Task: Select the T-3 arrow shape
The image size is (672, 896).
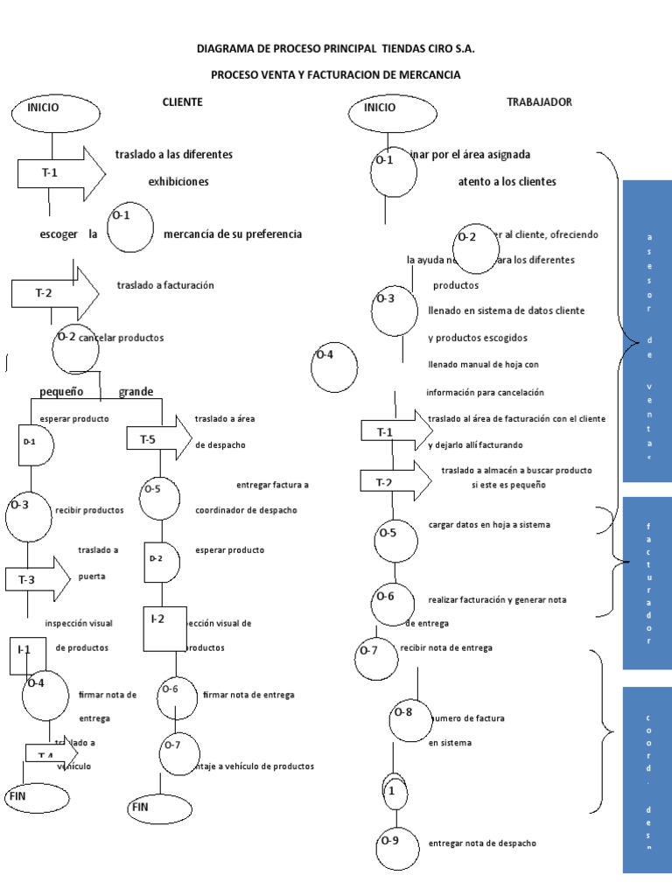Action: click(x=38, y=578)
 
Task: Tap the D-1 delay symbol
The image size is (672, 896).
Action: click(x=31, y=443)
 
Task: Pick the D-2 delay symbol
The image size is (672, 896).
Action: click(x=161, y=560)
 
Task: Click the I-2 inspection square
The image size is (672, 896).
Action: click(x=164, y=627)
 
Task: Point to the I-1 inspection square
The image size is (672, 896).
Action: click(x=28, y=654)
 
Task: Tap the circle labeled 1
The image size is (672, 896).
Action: click(x=395, y=791)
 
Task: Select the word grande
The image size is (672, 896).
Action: click(x=136, y=391)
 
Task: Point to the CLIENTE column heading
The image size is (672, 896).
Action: click(x=182, y=102)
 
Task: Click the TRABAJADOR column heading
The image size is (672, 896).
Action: click(x=539, y=102)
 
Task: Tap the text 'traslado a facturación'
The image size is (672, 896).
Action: click(x=165, y=285)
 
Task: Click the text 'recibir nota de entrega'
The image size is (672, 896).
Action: click(x=445, y=648)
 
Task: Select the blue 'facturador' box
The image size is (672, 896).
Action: click(x=647, y=583)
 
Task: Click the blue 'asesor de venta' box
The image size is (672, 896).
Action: click(x=647, y=337)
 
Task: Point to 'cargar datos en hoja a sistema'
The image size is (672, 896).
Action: click(x=490, y=525)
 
